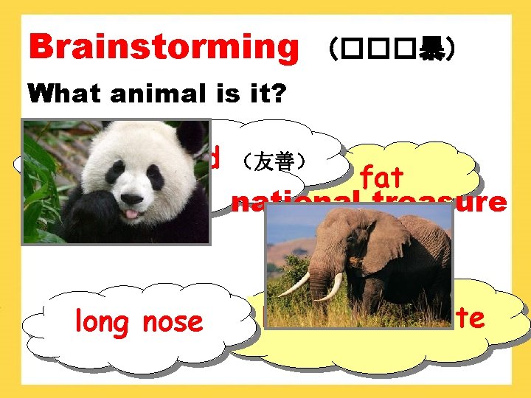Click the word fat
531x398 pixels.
[382, 177]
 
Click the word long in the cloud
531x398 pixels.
[101, 322]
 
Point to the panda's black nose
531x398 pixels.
[131, 198]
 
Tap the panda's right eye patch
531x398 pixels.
[155, 177]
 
